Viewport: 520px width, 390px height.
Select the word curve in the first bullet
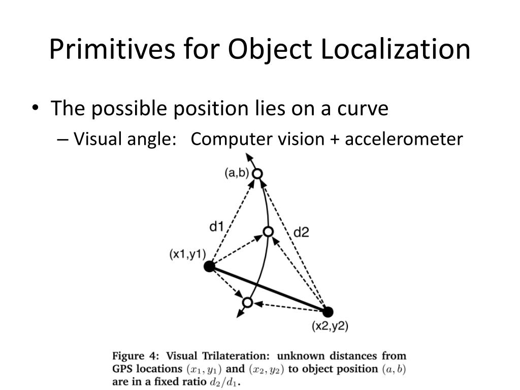point(364,109)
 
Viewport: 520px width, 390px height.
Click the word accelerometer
point(404,139)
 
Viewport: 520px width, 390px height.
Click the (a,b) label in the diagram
point(237,173)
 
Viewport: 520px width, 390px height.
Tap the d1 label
point(217,226)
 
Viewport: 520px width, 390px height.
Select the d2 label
point(301,233)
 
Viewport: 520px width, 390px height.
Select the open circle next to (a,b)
point(258,174)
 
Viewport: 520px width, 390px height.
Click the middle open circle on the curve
point(268,232)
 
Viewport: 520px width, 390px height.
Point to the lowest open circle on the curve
point(247,303)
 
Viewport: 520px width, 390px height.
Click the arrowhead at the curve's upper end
point(249,157)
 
